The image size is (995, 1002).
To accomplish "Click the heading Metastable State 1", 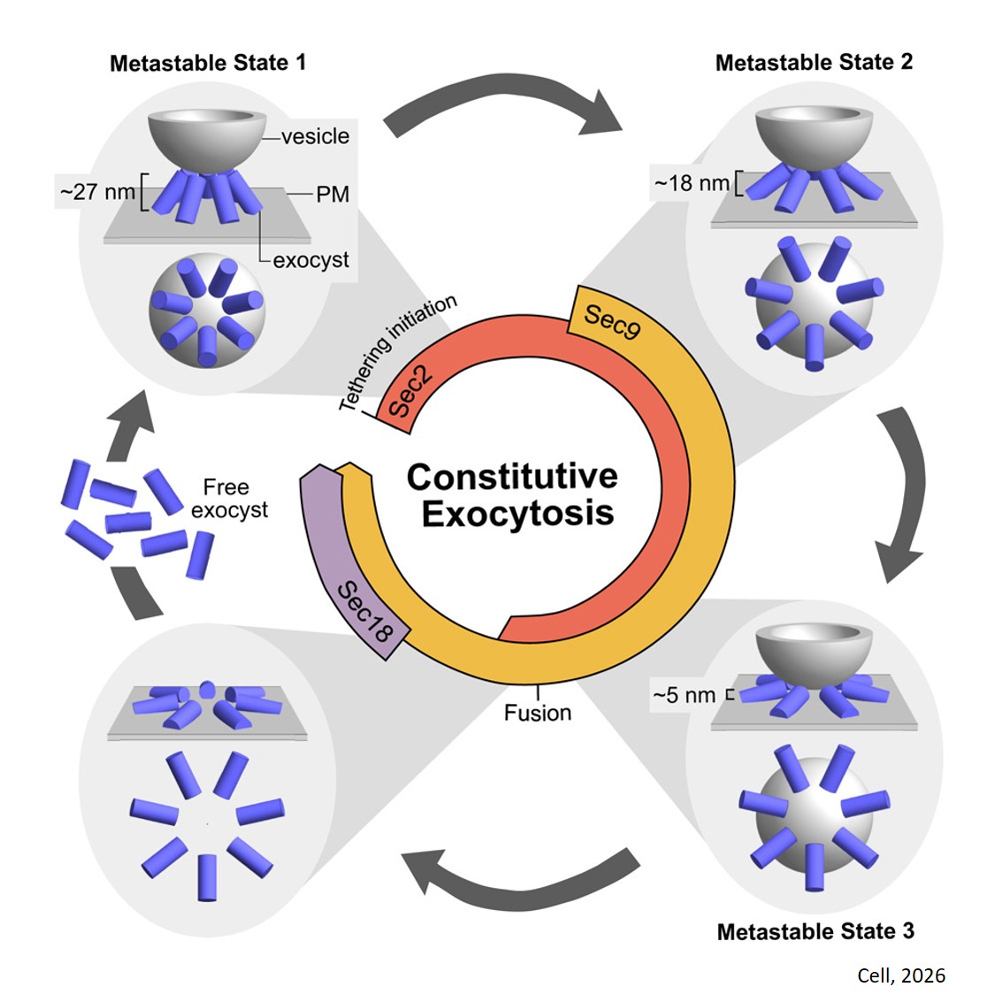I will (x=207, y=64).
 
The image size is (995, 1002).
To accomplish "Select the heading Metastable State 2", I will (x=814, y=63).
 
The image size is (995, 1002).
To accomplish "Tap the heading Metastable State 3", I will (x=815, y=931).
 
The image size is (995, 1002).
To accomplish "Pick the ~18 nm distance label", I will (x=692, y=183).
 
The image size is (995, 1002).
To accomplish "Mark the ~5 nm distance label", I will (x=684, y=695).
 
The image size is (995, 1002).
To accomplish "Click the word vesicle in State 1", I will (x=315, y=136).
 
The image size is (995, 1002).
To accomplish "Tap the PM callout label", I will (x=333, y=195).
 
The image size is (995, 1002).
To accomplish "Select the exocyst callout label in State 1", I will (x=310, y=260).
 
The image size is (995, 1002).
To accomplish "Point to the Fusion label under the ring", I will (x=538, y=713).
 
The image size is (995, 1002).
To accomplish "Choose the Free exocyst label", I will (x=228, y=499).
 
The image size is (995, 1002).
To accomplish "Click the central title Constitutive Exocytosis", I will (x=513, y=494).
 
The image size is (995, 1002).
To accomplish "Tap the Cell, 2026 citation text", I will (x=901, y=976).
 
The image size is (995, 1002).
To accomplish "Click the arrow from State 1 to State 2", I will (x=504, y=108).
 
